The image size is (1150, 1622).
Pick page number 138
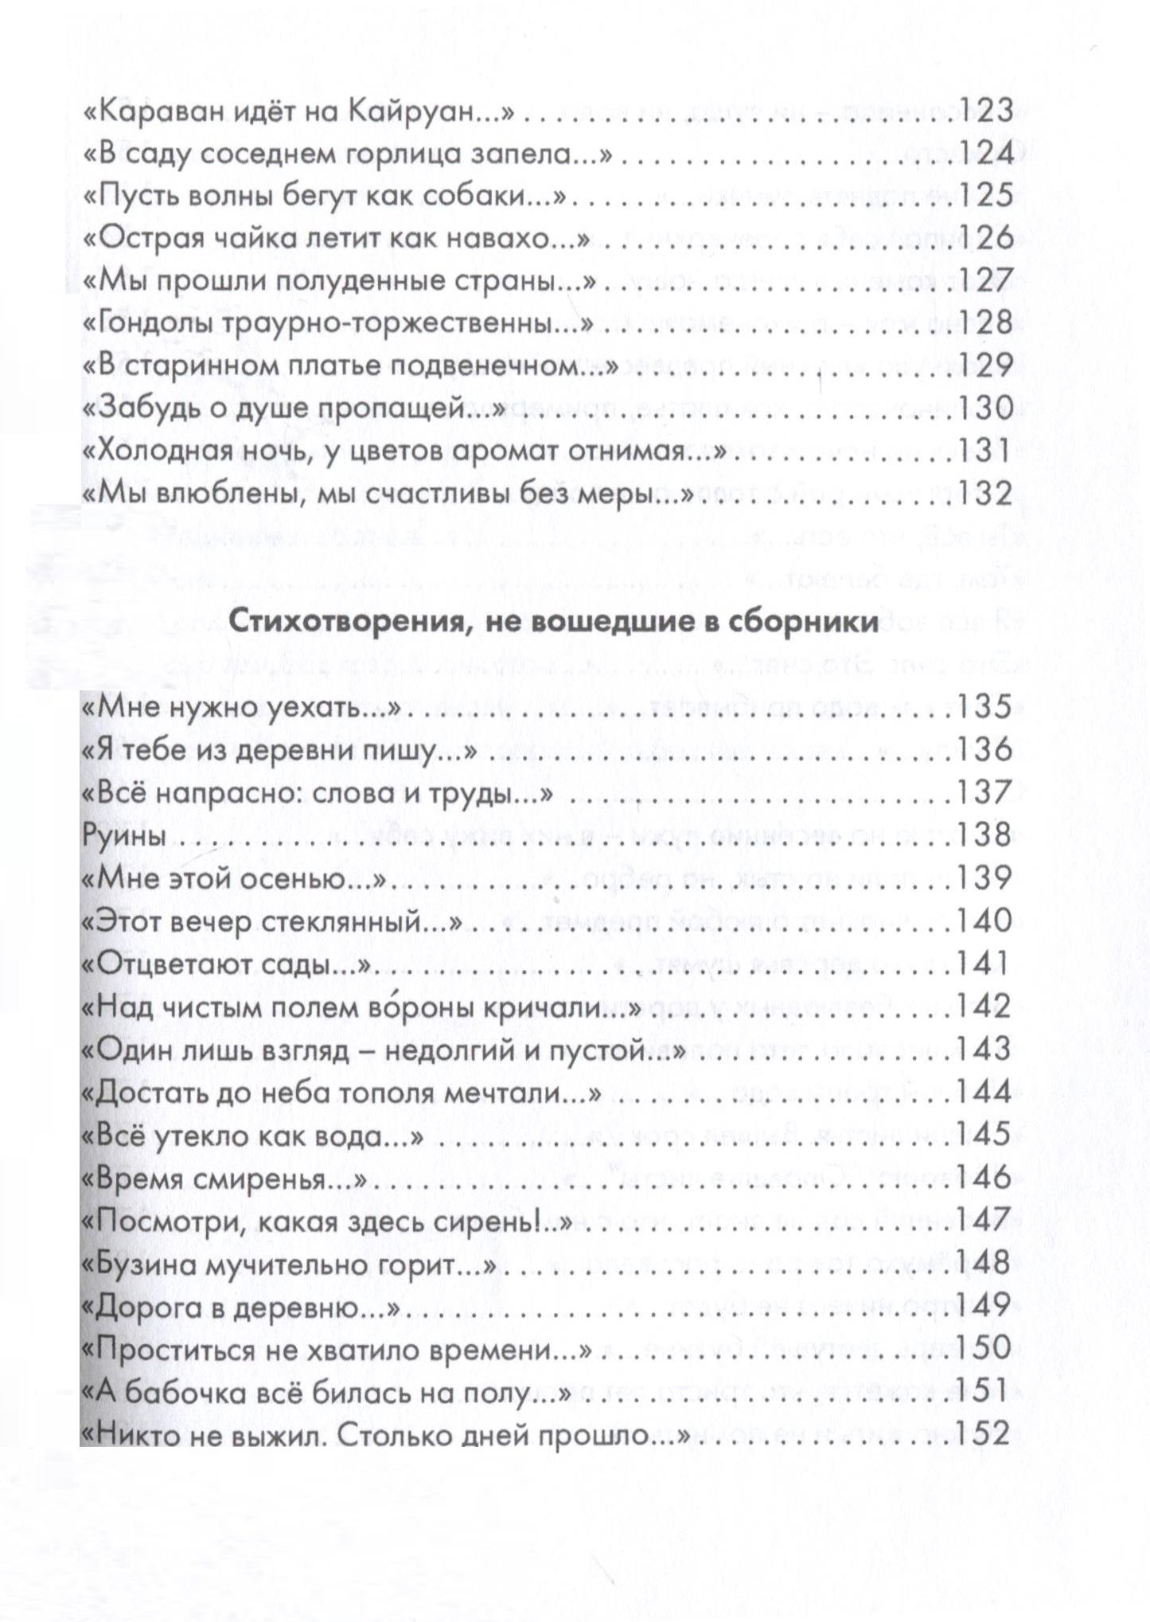pos(983,835)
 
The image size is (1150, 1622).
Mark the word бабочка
pos(184,1394)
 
